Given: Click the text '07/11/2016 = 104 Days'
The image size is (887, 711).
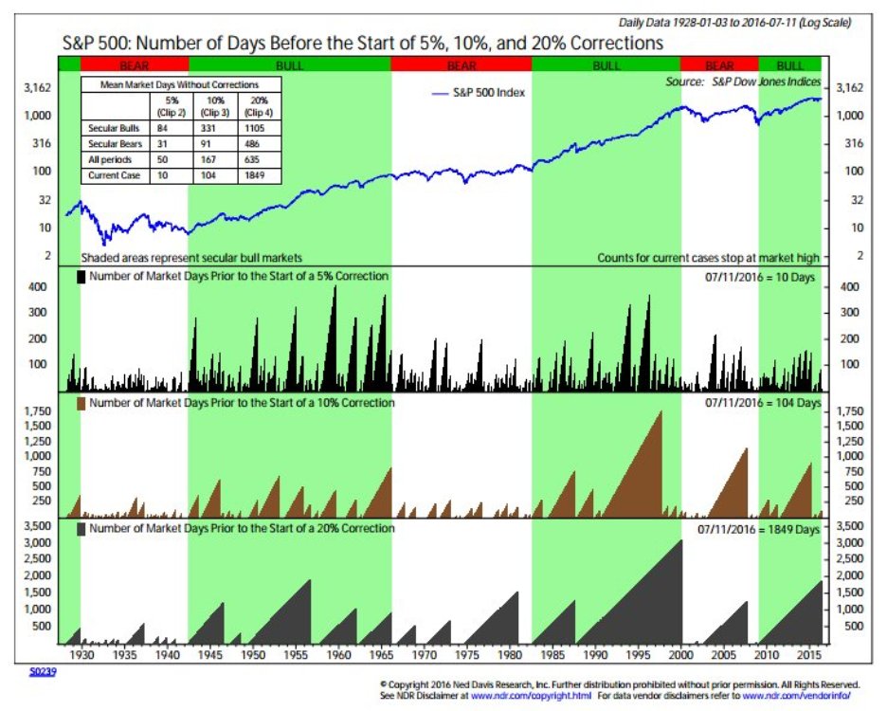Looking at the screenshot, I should click(x=763, y=403).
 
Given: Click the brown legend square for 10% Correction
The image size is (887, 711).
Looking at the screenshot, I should click(x=81, y=403).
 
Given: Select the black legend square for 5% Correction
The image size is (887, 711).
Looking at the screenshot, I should click(x=81, y=276).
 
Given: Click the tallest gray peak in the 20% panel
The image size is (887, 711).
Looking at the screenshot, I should click(x=680, y=540).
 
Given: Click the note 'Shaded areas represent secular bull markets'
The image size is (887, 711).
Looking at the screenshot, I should click(x=191, y=257).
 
